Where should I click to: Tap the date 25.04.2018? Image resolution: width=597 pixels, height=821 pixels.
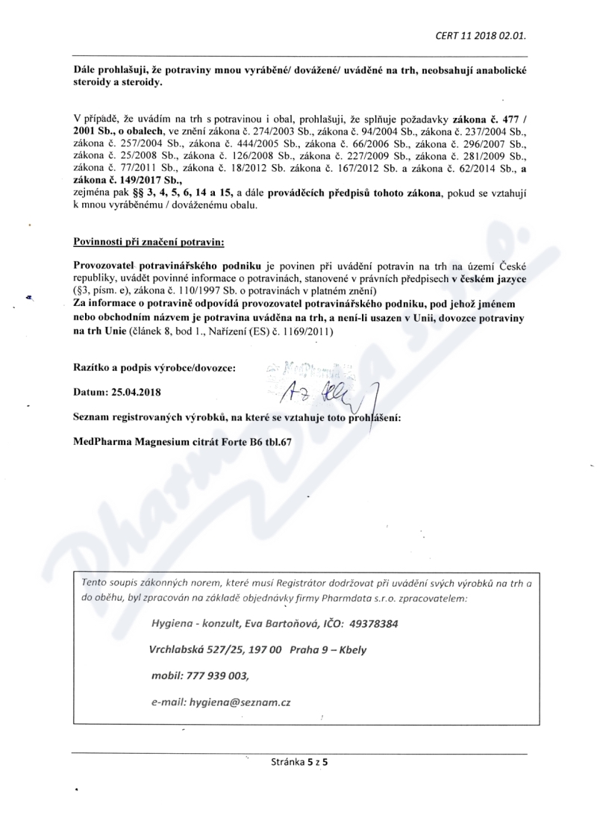140,390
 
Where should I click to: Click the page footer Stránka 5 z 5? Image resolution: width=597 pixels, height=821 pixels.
298,762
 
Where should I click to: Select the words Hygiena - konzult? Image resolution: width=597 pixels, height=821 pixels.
193,622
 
